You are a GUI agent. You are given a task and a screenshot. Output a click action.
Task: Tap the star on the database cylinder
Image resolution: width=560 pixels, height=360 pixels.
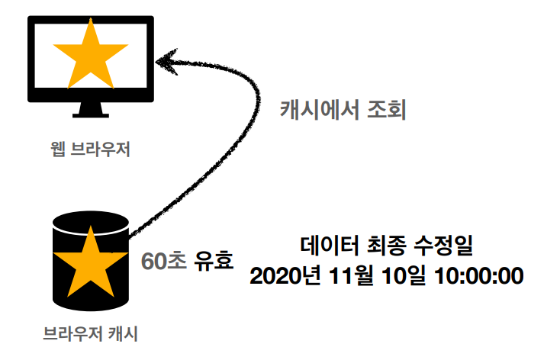click(90, 263)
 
